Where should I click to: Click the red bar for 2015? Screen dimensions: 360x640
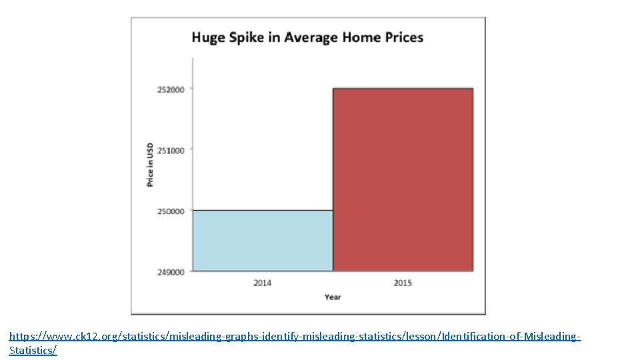(403, 179)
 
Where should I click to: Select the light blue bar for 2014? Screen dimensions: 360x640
(263, 241)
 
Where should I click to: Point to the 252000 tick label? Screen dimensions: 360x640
(171, 89)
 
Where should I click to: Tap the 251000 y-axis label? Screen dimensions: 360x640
(171, 150)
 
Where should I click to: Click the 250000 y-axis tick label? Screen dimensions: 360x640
(171, 211)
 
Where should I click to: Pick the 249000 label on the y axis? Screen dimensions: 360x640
(171, 272)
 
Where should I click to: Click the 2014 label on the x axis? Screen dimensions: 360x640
(263, 283)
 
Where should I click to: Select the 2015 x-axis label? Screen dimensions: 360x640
(403, 283)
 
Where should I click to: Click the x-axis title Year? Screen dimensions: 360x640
(333, 297)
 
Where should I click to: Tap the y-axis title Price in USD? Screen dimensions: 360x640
(150, 164)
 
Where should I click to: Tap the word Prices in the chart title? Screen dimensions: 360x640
(405, 37)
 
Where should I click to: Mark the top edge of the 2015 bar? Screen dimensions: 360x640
(403, 89)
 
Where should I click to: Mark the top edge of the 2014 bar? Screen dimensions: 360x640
(263, 211)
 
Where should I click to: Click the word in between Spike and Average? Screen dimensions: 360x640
(273, 37)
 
